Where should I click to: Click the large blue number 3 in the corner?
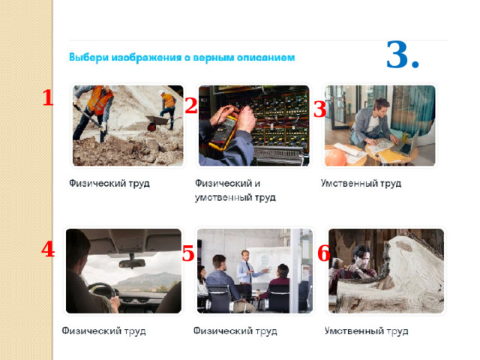[x=398, y=55]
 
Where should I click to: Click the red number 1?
[x=48, y=97]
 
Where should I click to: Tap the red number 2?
[x=191, y=106]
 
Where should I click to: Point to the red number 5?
[x=188, y=253]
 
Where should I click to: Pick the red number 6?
[x=323, y=253]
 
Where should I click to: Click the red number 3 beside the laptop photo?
[x=320, y=109]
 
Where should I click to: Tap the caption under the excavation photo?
[x=109, y=183]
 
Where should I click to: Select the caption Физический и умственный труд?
[x=235, y=190]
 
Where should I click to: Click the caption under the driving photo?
[x=103, y=331]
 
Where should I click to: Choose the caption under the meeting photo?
[x=235, y=331]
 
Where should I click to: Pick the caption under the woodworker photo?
[x=367, y=331]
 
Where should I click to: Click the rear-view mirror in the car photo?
[x=132, y=263]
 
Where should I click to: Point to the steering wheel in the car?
[x=103, y=290]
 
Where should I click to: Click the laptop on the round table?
[x=406, y=143]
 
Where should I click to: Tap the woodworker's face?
[x=364, y=256]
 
